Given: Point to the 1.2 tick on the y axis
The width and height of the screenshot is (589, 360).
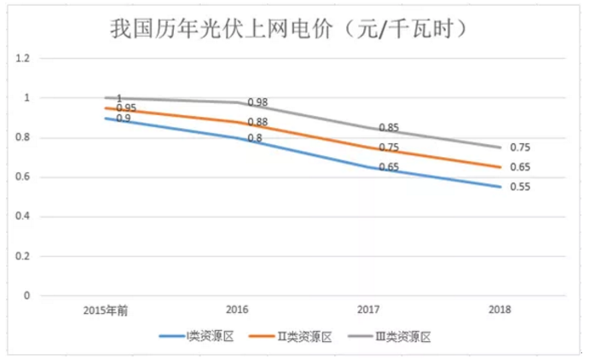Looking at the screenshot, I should tap(23, 59).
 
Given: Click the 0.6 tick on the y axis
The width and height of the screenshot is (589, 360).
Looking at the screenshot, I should tap(23, 177).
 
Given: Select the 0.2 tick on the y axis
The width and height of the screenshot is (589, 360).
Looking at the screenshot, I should tap(23, 256).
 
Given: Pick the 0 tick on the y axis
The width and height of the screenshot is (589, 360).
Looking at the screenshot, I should tap(26, 296).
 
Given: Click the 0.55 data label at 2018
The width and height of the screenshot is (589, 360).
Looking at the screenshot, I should tap(520, 188).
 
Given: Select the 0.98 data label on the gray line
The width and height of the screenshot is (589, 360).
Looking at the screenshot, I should tap(257, 102).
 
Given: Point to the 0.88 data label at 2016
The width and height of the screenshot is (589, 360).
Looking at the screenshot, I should tap(257, 123).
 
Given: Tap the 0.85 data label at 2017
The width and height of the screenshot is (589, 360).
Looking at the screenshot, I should tap(389, 128).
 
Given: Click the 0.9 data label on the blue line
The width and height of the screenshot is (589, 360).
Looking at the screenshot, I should tap(124, 119).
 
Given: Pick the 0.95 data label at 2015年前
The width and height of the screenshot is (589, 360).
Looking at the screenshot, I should tap(126, 108).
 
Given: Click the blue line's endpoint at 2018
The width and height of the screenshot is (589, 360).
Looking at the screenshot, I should tap(499, 187).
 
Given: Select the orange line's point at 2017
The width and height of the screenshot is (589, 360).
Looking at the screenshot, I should tap(368, 148).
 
